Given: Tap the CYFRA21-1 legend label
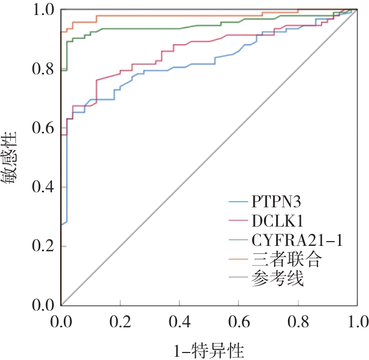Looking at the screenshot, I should point(296,240).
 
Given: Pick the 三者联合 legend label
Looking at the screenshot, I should point(286,260).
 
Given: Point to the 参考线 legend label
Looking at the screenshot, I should point(277,279).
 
